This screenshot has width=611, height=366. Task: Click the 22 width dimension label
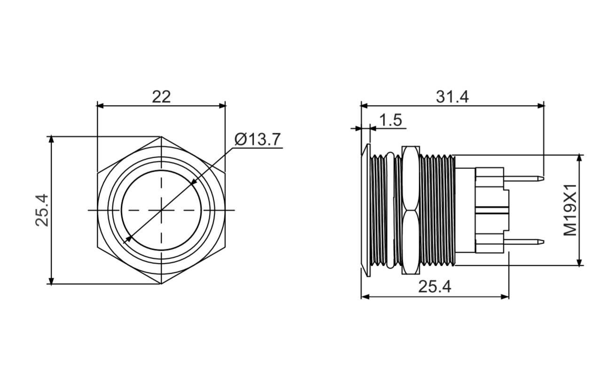[x=161, y=97]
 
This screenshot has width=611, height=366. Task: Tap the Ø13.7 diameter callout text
[x=257, y=139]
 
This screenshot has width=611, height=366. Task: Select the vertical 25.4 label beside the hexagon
[x=42, y=210]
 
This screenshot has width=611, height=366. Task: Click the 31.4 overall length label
[x=452, y=97]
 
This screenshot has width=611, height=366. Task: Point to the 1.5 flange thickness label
[x=391, y=120]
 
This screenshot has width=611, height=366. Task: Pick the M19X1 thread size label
[x=570, y=210]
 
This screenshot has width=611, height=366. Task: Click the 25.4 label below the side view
[x=435, y=287]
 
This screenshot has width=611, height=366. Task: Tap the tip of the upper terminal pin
[x=544, y=179]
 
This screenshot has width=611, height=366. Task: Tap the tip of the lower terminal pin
[x=544, y=242]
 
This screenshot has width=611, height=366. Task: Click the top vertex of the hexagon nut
[x=161, y=137]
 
